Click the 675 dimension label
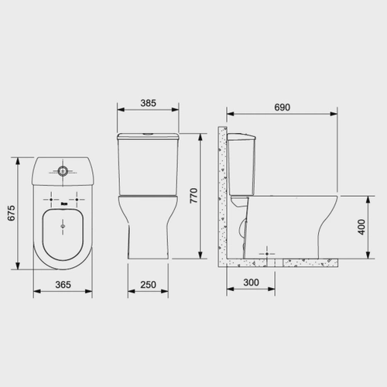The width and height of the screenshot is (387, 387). coord(12,213)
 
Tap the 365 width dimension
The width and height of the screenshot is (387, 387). coord(63,285)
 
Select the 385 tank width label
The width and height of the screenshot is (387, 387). coord(148,103)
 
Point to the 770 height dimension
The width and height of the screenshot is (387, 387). coord(193,196)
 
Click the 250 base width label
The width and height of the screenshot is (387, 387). coord(148,285)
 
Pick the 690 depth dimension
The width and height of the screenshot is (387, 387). coord(282,107)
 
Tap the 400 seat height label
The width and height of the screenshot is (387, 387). coord(361,227)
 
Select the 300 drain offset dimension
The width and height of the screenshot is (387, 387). coord(251,283)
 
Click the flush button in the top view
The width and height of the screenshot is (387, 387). coord(63,170)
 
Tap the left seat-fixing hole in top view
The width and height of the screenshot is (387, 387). coord(51,200)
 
